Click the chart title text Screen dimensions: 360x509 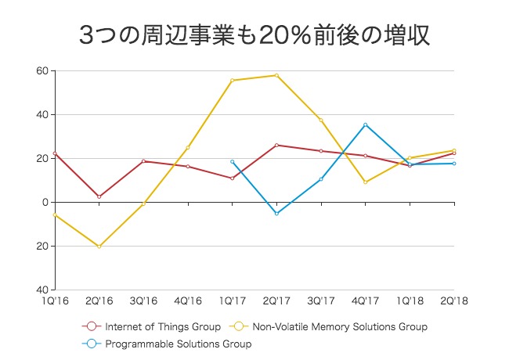coord(254,35)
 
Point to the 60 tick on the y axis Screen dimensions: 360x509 coord(42,71)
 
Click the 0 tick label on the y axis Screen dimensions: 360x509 coord(45,203)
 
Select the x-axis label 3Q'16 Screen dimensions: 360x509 coord(143,300)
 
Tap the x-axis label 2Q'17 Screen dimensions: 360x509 coord(276,300)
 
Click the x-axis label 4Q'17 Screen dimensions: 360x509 coord(365,300)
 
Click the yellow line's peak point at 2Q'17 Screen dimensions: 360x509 coord(276,75)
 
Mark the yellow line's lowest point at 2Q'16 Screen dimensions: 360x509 coord(99,247)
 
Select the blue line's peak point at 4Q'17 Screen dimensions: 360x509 coord(365,124)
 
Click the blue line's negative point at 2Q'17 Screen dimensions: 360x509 coord(276,214)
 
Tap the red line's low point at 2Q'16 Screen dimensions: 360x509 coord(99,196)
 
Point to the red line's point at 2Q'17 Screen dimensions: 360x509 coord(276,145)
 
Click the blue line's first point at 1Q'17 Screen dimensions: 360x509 coord(232,162)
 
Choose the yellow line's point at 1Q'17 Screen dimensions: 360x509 coord(232,81)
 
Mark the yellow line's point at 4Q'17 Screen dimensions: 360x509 coord(365,182)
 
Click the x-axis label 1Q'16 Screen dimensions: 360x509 coord(55,300)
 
